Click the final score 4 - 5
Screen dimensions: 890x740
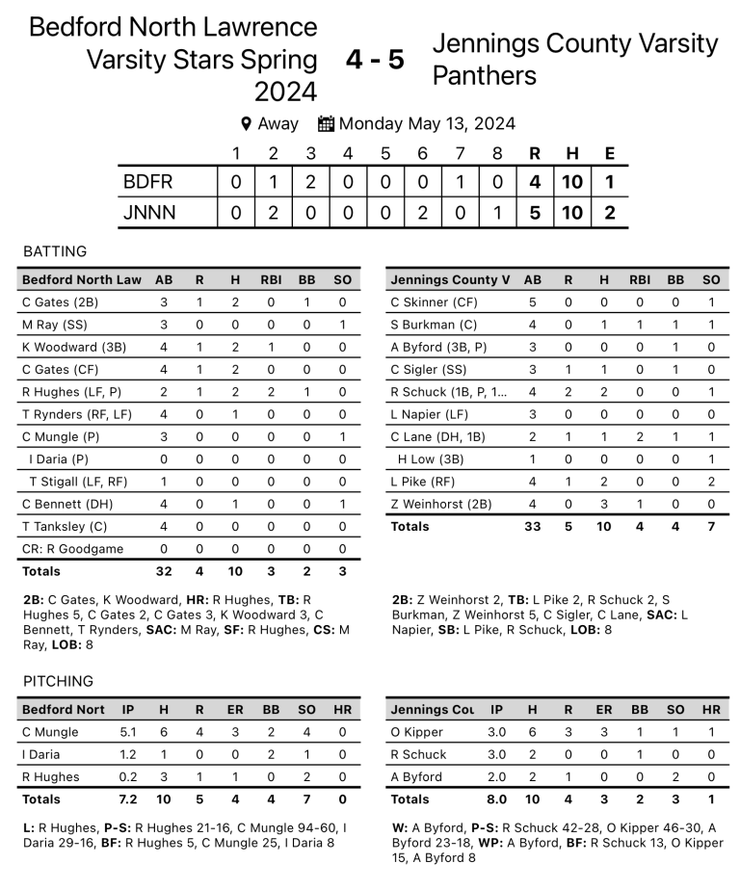coord(375,60)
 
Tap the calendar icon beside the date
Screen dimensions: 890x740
coord(326,123)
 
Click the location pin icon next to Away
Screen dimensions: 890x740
coord(246,123)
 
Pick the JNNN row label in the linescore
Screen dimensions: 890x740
coord(149,213)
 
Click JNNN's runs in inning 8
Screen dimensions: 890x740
coord(498,213)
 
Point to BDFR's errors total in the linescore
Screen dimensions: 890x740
coord(609,181)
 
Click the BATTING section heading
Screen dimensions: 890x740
coord(55,251)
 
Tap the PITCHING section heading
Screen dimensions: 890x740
coord(59,681)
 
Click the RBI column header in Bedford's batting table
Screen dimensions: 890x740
coord(270,280)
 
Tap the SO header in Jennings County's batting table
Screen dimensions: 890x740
coord(711,280)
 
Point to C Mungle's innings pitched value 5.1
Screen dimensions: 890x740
coord(128,732)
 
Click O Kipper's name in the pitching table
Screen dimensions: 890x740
coord(416,732)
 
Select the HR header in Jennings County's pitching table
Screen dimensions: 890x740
coord(711,710)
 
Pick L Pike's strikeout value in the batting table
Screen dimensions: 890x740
coord(711,482)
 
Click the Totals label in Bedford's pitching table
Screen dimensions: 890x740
coord(41,798)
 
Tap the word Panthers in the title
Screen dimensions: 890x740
coord(484,75)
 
